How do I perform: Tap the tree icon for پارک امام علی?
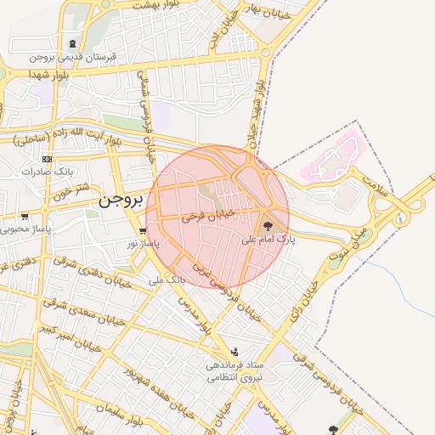pyautogui.click(x=268, y=227)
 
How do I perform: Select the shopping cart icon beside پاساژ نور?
pyautogui.click(x=142, y=230)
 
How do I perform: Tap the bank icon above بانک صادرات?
pyautogui.click(x=47, y=159)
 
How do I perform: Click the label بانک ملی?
pyautogui.click(x=167, y=278)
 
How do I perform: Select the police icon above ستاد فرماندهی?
pyautogui.click(x=234, y=351)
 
